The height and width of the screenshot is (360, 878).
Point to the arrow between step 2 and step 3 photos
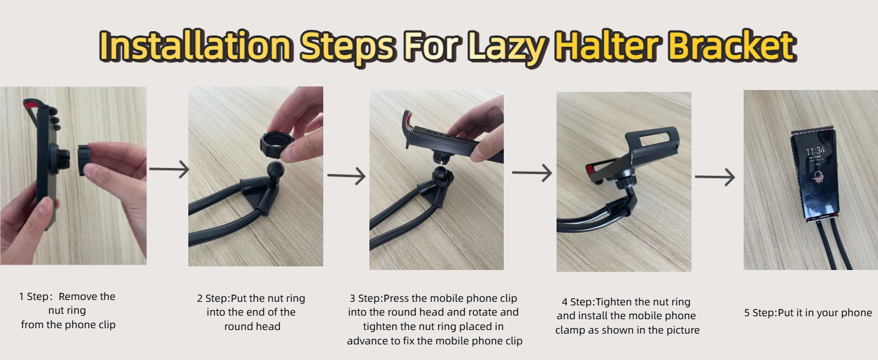(x=346, y=176)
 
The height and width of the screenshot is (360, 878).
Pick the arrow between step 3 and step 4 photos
(x=531, y=173)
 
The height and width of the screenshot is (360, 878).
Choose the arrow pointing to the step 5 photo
(x=715, y=177)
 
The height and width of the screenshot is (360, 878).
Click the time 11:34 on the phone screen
(x=816, y=151)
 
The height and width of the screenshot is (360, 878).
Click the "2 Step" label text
(x=212, y=298)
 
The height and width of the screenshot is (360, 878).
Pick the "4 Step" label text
(x=576, y=302)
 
